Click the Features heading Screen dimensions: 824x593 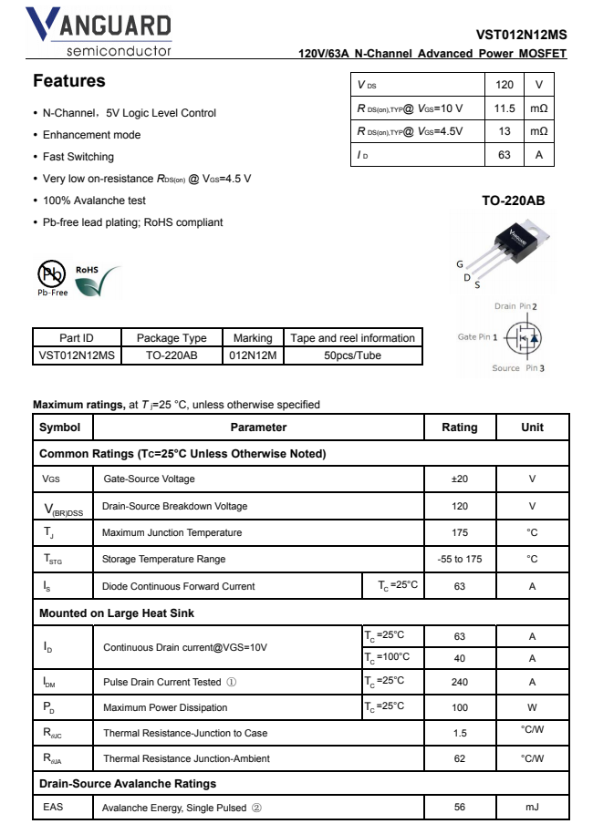point(69,81)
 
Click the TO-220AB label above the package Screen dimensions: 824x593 point(513,200)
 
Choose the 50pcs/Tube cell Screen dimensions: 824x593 point(352,355)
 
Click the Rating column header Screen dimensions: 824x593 point(459,427)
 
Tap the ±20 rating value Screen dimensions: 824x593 point(459,479)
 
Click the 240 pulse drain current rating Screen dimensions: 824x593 point(459,682)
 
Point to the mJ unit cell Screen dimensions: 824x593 point(532,807)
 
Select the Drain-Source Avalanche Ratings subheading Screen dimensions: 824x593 point(128,783)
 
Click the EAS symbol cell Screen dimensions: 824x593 point(54,807)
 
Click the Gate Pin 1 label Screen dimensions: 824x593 point(478,337)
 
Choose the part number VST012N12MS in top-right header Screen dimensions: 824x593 point(521,35)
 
